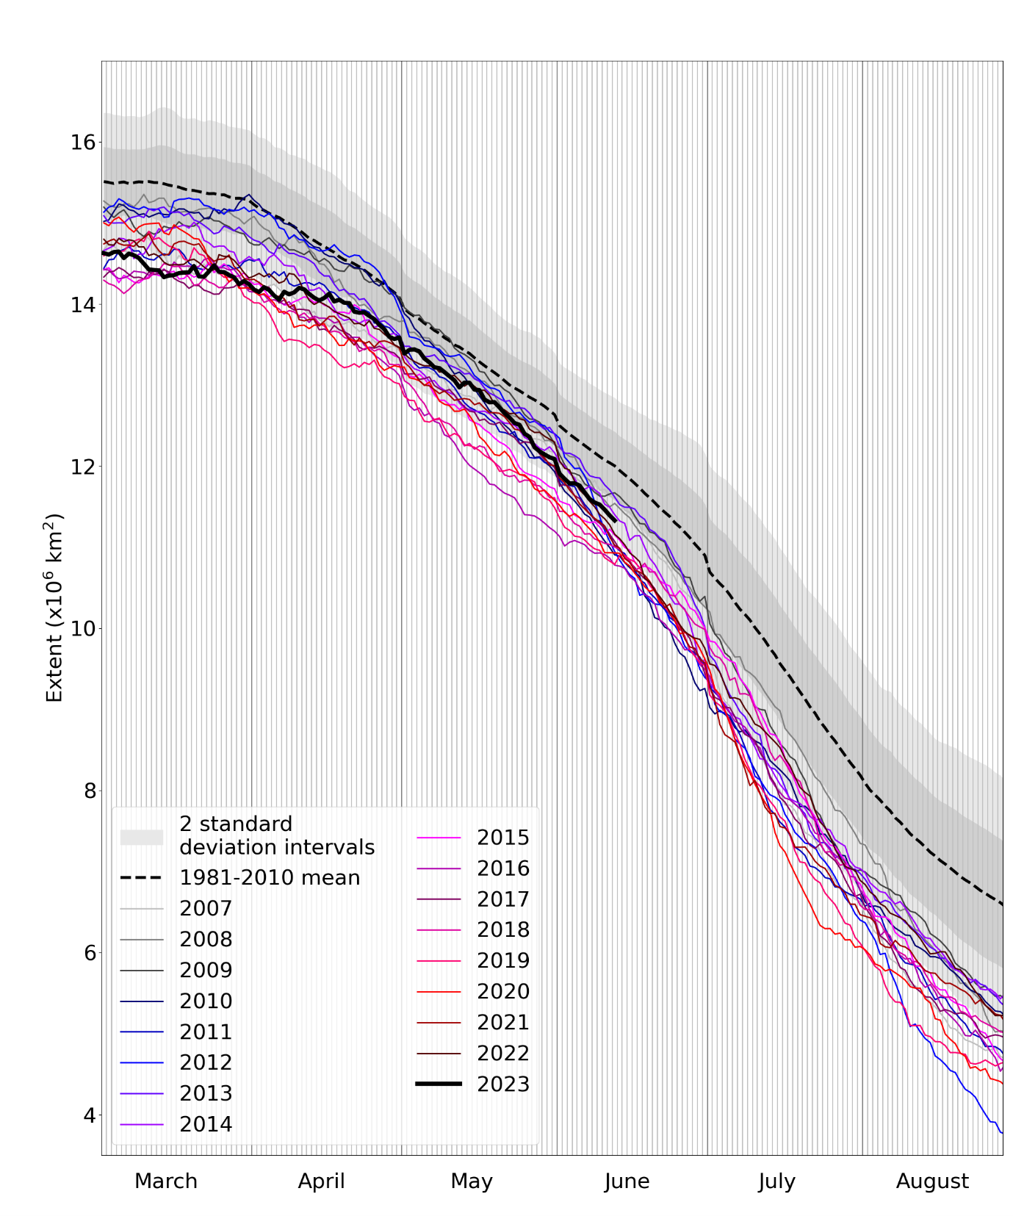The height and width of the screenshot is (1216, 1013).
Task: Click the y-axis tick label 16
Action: [83, 142]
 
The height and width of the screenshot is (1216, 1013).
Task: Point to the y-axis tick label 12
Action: [83, 467]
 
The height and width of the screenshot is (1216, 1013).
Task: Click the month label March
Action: [166, 1181]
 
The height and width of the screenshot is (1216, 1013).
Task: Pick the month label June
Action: [627, 1181]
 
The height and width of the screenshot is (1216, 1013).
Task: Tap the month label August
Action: [932, 1181]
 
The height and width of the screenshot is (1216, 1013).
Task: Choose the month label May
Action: [471, 1181]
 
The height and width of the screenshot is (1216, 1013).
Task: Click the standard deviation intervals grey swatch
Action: [142, 837]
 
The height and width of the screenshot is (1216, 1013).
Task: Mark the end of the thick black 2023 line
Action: [615, 520]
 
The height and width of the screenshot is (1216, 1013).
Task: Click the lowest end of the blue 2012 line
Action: [1002, 1133]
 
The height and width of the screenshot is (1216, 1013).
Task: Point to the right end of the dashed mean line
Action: [1002, 904]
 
